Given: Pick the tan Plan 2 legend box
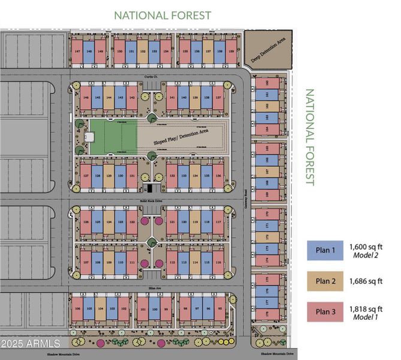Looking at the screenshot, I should tap(324, 281).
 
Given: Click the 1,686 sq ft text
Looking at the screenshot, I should tap(366, 281).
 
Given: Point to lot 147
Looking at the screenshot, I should tap(77, 52).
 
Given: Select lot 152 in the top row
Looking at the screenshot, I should tap(143, 52).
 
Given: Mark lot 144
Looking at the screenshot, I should tap(109, 97).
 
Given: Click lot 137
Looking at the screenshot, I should tap(219, 97).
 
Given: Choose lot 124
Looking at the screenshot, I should tap(108, 222).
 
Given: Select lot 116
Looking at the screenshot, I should tap(219, 262).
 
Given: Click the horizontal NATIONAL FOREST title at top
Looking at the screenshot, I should tap(162, 15).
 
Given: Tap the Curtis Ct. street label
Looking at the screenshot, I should tap(150, 77).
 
